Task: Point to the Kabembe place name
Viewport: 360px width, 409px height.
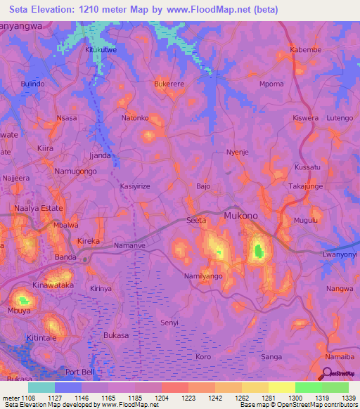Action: [305, 51]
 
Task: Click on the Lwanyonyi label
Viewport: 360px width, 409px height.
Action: [340, 254]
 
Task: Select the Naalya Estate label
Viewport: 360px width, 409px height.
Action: [40, 209]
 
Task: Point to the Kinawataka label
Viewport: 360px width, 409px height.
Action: [53, 286]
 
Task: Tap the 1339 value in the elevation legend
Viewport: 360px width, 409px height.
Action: [349, 398]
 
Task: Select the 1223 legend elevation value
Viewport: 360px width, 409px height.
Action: [188, 398]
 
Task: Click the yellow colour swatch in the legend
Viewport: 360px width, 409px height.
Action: [281, 387]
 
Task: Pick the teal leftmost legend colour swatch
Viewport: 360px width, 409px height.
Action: [41, 387]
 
